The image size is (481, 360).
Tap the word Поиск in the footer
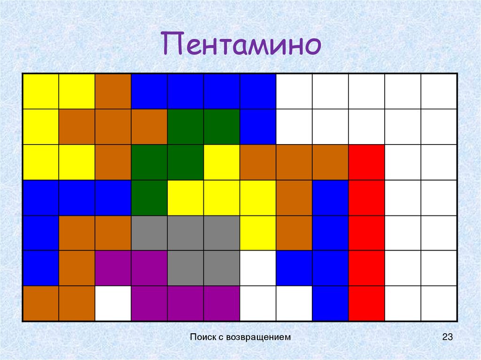[202, 337]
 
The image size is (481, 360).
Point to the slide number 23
[447, 337]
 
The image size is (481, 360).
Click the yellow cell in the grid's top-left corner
[41, 92]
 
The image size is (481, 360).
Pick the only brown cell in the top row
[113, 92]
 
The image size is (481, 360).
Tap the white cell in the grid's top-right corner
[439, 92]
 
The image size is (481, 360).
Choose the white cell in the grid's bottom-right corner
[439, 303]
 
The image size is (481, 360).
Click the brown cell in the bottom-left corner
[41, 303]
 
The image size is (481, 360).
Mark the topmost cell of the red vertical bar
[366, 162]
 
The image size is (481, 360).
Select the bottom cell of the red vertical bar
[366, 303]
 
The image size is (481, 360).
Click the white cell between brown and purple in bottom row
[113, 303]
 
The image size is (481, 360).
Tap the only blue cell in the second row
[258, 127]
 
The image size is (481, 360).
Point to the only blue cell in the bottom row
[330, 303]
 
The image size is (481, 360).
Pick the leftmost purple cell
[113, 268]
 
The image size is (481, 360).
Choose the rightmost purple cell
[222, 303]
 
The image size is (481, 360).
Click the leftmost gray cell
[149, 233]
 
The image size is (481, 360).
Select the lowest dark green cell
[149, 198]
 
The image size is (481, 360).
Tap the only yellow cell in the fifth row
[258, 233]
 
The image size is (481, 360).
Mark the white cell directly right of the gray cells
[258, 268]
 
